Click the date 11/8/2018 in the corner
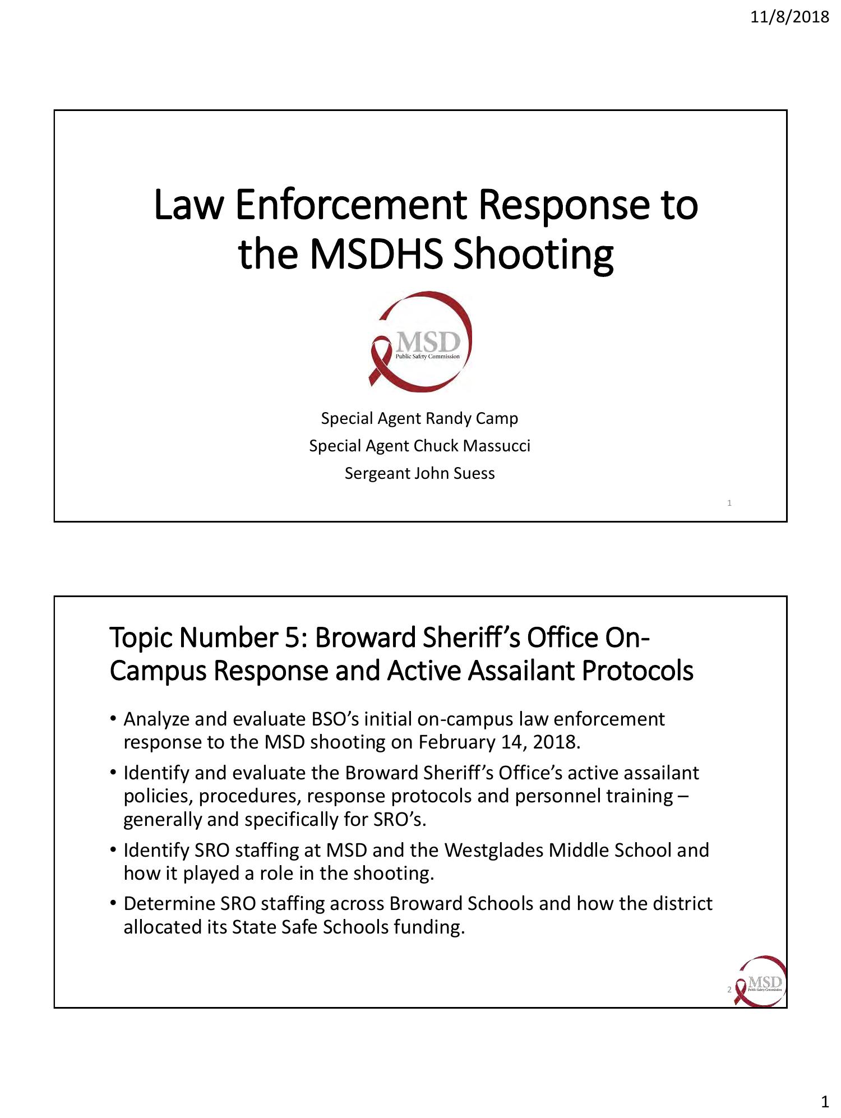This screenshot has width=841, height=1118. click(789, 17)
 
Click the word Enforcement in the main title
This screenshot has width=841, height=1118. click(350, 205)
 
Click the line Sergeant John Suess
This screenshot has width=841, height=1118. click(419, 473)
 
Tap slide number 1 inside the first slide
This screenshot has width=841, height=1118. click(729, 503)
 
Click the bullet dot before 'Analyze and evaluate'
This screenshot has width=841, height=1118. click(113, 719)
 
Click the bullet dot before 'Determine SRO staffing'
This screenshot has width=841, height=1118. click(113, 904)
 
